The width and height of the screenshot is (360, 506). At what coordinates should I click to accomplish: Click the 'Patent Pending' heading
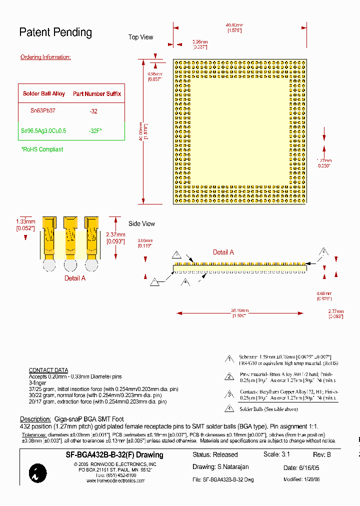55,32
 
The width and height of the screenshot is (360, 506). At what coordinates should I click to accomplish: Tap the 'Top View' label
140,37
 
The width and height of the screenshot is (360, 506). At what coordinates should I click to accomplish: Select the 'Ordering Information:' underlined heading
45,57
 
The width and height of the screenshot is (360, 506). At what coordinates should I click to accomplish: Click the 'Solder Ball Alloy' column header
44,93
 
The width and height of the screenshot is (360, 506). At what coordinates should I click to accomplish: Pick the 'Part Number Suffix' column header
97,93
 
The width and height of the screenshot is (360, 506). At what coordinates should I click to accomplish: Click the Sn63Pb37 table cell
43,111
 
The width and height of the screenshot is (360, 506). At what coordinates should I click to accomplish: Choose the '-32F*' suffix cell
95,130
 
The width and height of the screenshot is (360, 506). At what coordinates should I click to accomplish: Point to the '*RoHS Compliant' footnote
42,149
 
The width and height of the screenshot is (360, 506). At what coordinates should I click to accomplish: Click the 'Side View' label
141,223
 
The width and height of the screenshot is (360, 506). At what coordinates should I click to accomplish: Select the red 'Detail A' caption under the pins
75,278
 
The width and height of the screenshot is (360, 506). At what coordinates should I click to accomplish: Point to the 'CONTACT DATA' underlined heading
48,370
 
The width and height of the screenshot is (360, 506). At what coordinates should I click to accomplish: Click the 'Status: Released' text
215,454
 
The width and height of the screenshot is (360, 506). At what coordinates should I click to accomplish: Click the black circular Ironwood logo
38,473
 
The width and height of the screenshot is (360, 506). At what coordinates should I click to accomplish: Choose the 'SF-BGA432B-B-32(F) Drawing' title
114,455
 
